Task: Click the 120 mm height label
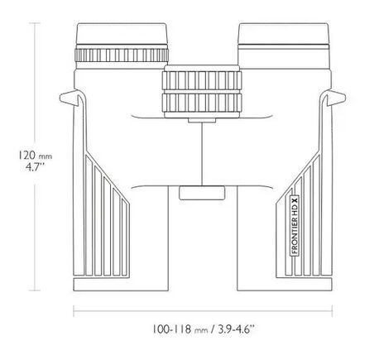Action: [35, 156]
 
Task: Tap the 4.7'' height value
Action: [35, 167]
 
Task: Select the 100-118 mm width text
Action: [180, 329]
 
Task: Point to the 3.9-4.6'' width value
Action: [236, 329]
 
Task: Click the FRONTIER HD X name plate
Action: [295, 225]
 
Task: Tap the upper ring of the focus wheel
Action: [202, 80]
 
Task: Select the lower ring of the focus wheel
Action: [202, 103]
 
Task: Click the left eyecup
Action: [122, 34]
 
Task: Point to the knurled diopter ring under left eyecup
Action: [122, 55]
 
